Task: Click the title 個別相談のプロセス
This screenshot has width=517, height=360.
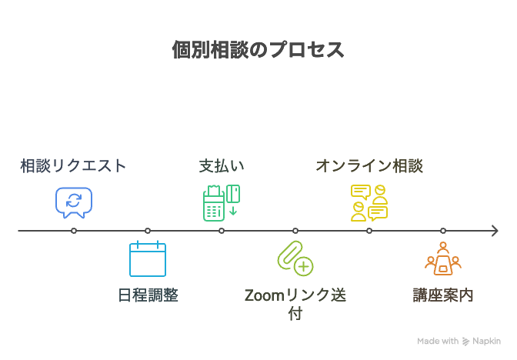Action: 258,50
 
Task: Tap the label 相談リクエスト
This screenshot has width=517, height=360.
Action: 73,166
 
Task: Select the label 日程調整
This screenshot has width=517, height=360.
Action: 148,295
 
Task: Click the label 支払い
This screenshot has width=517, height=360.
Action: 222,166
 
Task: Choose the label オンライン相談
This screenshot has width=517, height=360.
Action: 369,166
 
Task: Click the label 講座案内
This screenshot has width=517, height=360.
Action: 443,295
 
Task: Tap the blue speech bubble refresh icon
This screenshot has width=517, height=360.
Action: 74,202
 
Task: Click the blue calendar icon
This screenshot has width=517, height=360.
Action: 148,259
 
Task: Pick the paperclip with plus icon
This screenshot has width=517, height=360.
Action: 295,258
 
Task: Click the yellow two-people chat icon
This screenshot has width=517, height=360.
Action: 369,202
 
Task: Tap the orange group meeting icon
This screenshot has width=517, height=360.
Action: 443,259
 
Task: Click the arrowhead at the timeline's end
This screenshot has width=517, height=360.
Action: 496,230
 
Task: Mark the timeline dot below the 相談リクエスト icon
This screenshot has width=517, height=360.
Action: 74,230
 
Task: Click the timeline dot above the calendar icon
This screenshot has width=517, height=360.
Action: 148,230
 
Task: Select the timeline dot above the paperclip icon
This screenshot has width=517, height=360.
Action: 295,230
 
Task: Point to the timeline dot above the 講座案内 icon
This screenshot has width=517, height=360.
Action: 443,230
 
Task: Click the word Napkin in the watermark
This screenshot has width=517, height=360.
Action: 487,341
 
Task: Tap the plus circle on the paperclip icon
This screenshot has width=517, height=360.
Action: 304,267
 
